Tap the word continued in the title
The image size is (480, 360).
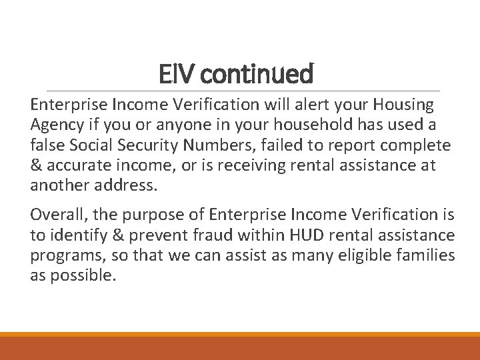point(257,74)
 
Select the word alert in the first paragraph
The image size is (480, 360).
point(299,105)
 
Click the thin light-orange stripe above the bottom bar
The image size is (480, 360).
point(240,335)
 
